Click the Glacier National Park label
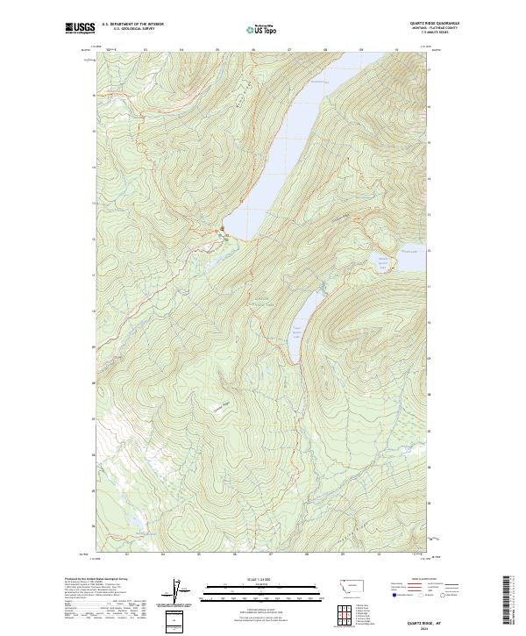262,296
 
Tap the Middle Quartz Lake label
382,261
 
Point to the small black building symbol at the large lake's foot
223,231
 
